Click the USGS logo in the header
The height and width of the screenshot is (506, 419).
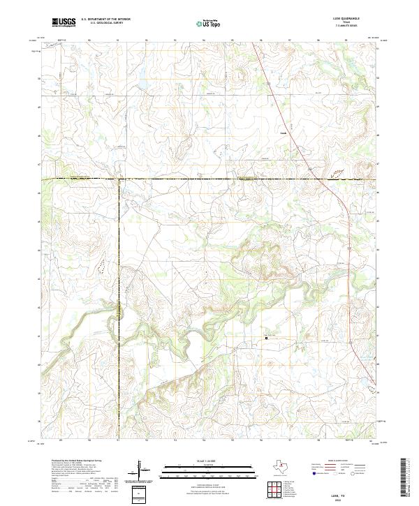click(x=64, y=22)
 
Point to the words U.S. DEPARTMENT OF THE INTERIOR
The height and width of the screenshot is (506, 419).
click(x=105, y=20)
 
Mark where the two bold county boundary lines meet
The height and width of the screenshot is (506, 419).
click(x=119, y=179)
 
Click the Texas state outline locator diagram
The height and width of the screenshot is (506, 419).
click(x=284, y=466)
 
